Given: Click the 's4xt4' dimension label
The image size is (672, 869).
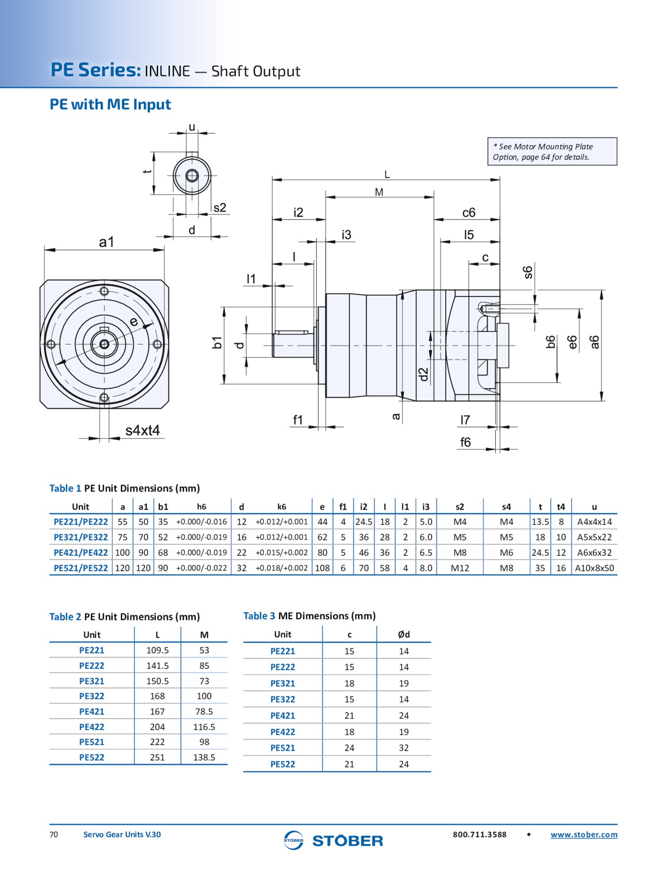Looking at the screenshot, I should [x=142, y=430].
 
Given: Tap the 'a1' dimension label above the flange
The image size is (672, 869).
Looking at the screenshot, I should [x=106, y=242].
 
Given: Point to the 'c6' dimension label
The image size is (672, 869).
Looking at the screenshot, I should [x=469, y=213].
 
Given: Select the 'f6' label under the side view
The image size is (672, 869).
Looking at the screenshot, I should [x=466, y=442].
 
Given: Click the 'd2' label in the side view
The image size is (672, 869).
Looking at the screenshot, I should [x=423, y=374].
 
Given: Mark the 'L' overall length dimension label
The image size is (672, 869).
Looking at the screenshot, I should [x=387, y=174].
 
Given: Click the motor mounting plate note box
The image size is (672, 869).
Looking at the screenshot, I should [x=552, y=152].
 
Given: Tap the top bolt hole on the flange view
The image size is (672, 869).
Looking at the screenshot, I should [x=104, y=291].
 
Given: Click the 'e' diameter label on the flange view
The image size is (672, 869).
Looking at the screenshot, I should [x=134, y=322].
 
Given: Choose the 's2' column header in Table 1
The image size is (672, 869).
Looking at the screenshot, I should [x=460, y=507].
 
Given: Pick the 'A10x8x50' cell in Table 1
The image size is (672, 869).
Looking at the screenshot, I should [x=594, y=568].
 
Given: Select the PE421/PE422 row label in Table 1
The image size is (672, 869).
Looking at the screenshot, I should [x=81, y=553].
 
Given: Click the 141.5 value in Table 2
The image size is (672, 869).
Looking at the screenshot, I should [x=157, y=666].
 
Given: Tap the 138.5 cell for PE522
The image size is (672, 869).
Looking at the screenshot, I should [x=204, y=757].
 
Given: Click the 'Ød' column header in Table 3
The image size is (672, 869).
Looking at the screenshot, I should [x=403, y=635].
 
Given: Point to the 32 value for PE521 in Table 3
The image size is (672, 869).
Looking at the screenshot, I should [x=403, y=748].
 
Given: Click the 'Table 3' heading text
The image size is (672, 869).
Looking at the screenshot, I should [x=259, y=616].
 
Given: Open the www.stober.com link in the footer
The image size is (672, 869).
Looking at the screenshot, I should [x=584, y=835].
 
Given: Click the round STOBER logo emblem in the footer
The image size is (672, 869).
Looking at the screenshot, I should [x=293, y=840].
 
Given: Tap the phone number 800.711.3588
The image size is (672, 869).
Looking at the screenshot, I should [x=480, y=835].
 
